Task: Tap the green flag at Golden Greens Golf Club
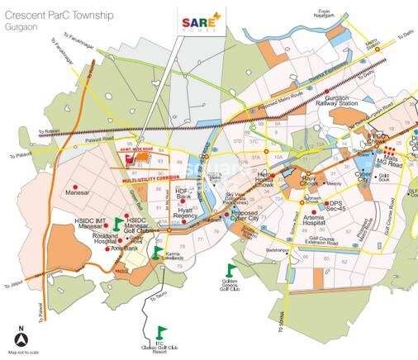coord(232,268)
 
